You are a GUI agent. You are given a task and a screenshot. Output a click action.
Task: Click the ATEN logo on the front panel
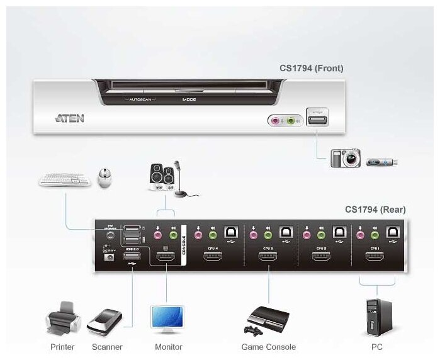click(69, 118)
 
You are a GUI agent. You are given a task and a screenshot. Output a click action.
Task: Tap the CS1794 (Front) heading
click(312, 68)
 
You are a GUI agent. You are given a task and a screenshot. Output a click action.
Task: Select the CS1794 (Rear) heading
click(375, 210)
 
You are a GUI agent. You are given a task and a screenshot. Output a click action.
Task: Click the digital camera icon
click(346, 157)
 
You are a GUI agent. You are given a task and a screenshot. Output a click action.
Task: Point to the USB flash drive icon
click(383, 162)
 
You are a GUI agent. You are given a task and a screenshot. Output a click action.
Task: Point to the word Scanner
click(106, 347)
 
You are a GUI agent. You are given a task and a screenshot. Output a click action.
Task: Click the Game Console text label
click(268, 347)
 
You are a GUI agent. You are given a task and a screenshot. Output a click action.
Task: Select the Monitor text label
click(168, 347)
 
